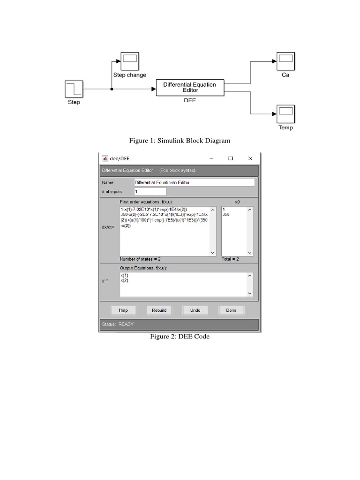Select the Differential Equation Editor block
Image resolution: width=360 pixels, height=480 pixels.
[x=189, y=87]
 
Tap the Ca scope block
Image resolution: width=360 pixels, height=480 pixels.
[x=285, y=61]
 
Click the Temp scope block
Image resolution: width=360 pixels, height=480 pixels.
[x=285, y=113]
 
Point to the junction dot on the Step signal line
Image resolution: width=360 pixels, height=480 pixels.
[x=112, y=88]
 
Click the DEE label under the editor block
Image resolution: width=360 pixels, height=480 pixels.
[x=189, y=100]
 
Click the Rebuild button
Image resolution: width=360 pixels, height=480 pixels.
[x=159, y=310]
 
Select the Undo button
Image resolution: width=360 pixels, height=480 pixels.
[x=195, y=310]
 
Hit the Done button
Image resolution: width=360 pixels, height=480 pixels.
[x=231, y=310]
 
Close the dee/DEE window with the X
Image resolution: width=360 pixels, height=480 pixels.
[x=250, y=158]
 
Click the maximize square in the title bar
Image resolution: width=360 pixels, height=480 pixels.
[x=231, y=158]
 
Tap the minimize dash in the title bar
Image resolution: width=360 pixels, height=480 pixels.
[x=211, y=158]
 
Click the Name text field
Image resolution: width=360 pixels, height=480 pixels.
[x=194, y=182]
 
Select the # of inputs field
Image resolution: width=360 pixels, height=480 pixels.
[x=150, y=192]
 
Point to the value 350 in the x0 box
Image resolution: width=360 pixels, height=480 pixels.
[x=227, y=214]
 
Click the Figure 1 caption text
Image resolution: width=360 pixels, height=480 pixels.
[x=180, y=141]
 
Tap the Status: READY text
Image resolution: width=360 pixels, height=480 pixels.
[x=118, y=324]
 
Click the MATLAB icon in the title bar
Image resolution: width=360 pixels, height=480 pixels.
[x=105, y=158]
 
